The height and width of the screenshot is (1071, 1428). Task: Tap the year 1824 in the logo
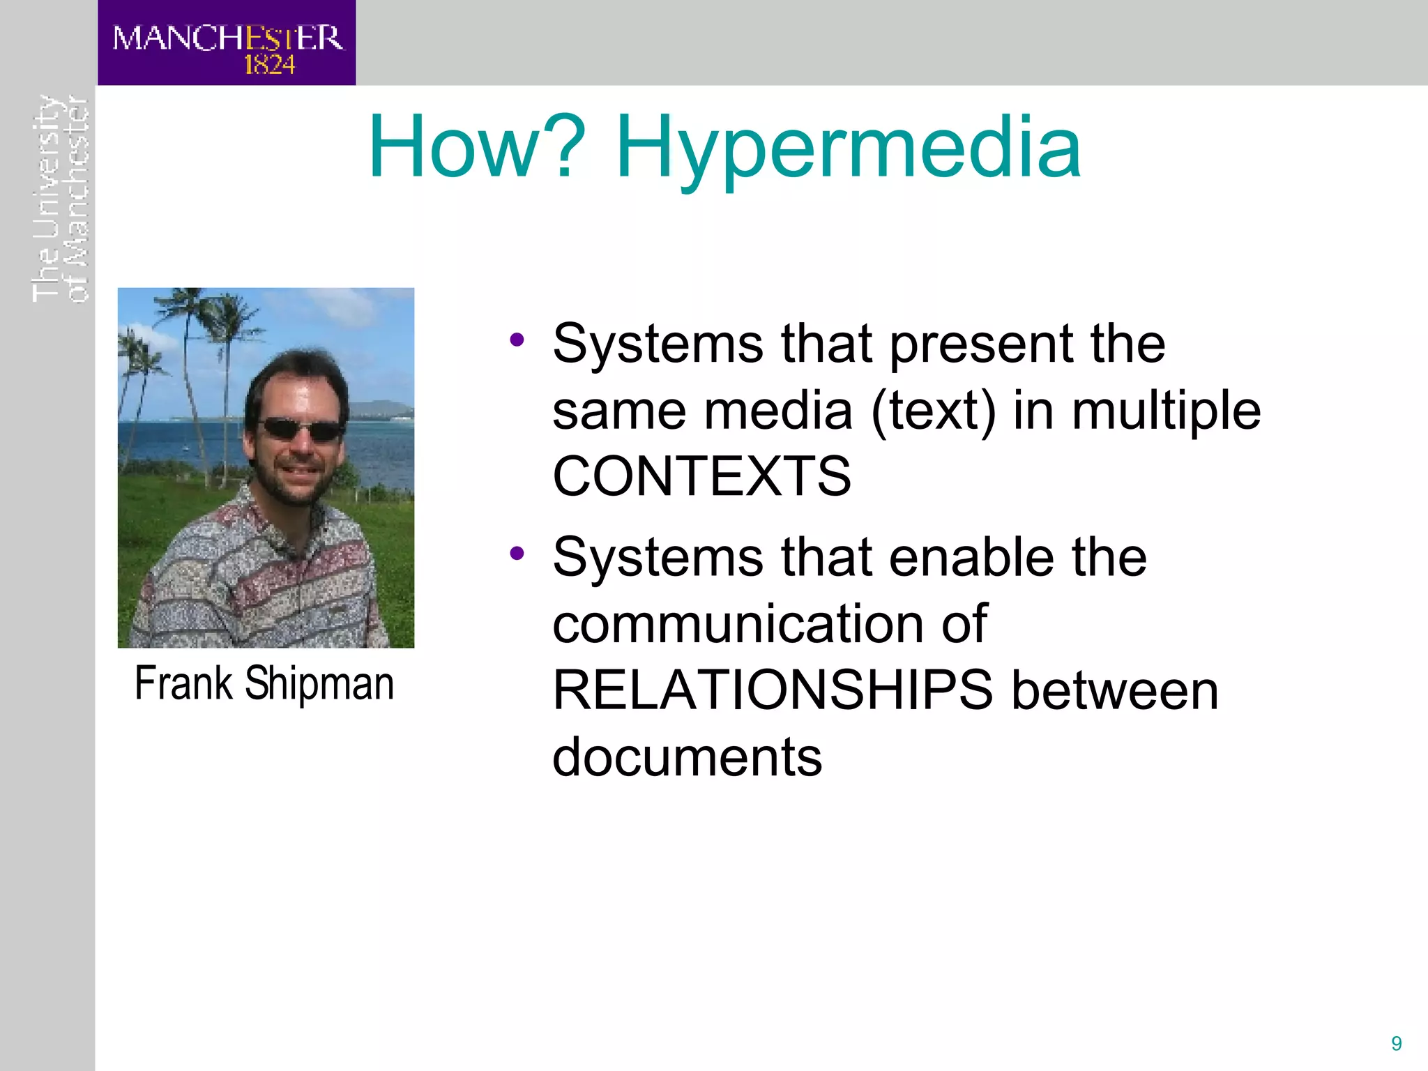coord(269,65)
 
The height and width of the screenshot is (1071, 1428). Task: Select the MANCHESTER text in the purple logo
coord(227,38)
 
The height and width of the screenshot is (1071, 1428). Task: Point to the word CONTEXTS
coord(701,477)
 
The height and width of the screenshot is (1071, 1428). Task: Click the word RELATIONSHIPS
coord(773,690)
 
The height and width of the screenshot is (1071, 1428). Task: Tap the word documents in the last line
coord(687,757)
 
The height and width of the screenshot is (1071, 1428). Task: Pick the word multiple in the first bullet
coord(1166,411)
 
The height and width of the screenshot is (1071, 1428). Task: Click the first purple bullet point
coord(517,340)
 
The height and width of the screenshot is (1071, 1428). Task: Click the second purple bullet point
coord(517,554)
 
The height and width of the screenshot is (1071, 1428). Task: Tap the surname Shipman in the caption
coord(319,683)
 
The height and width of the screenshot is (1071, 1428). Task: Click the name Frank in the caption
coord(183,683)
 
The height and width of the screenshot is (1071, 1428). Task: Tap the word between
coord(1114,690)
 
